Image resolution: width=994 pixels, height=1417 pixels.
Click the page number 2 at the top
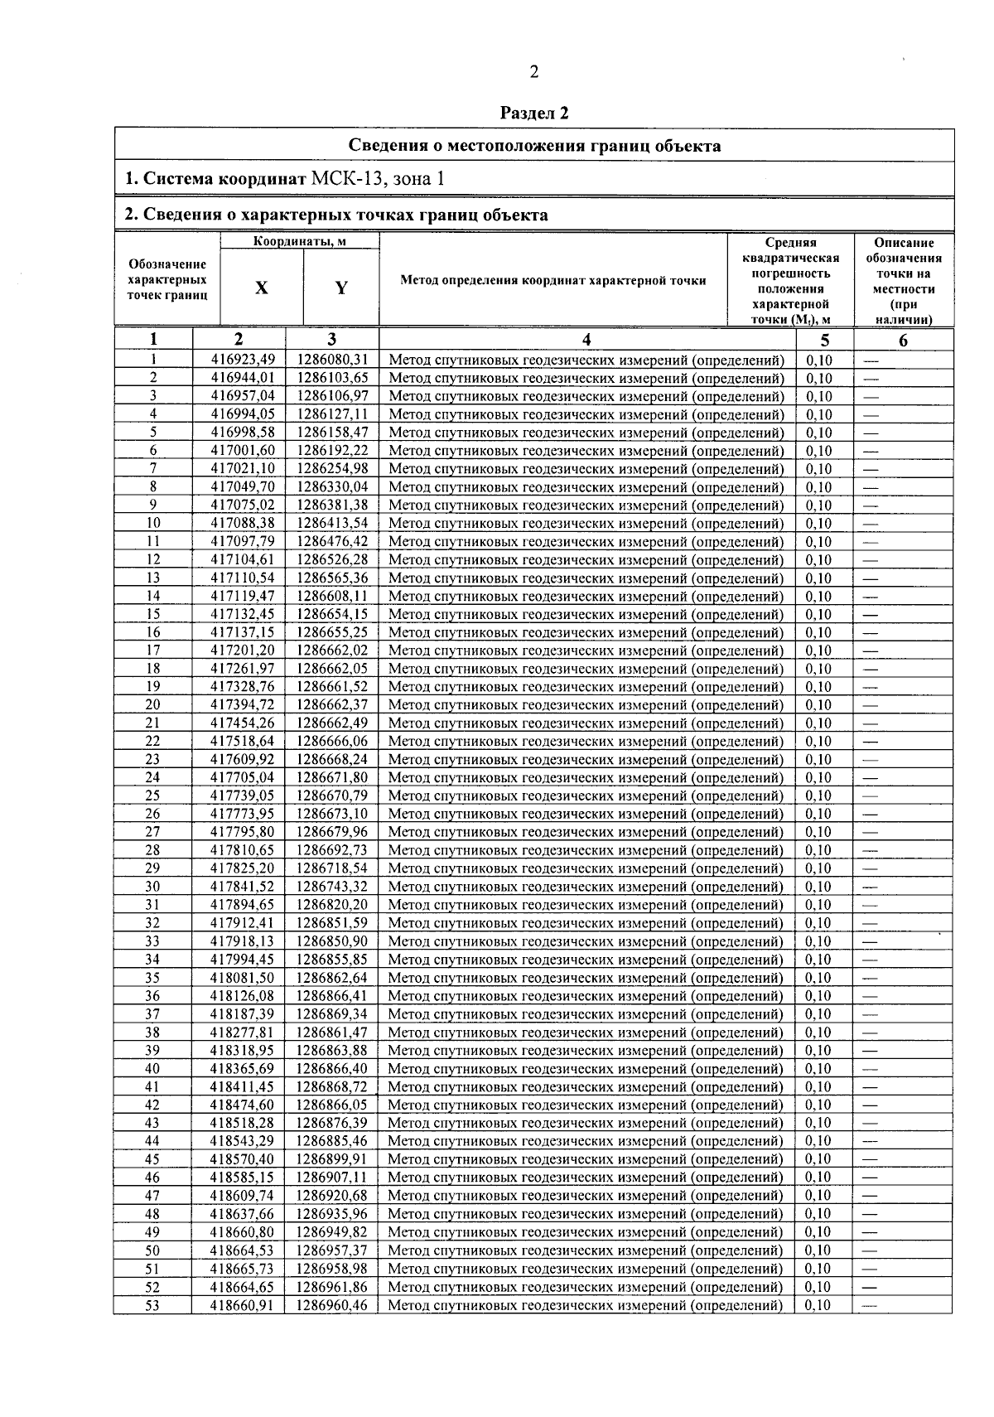[533, 72]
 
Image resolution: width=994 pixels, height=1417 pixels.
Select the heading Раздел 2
[534, 114]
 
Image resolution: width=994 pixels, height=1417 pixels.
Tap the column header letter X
[261, 288]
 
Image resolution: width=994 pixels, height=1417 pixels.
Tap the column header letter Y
[340, 288]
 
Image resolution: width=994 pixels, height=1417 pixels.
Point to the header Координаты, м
[299, 242]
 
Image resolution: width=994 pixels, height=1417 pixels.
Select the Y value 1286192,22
[331, 450]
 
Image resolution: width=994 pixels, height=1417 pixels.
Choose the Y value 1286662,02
[331, 650]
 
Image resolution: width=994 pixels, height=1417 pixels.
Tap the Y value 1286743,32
[331, 887]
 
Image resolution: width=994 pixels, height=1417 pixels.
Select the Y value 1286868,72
[331, 1086]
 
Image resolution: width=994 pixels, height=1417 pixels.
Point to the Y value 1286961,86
[331, 1287]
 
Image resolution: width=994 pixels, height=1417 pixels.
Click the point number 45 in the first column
[152, 1159]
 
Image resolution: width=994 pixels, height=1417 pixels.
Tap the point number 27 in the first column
[152, 832]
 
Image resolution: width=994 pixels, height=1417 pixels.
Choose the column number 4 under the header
[586, 339]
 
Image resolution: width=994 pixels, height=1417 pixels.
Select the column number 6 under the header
[903, 340]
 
